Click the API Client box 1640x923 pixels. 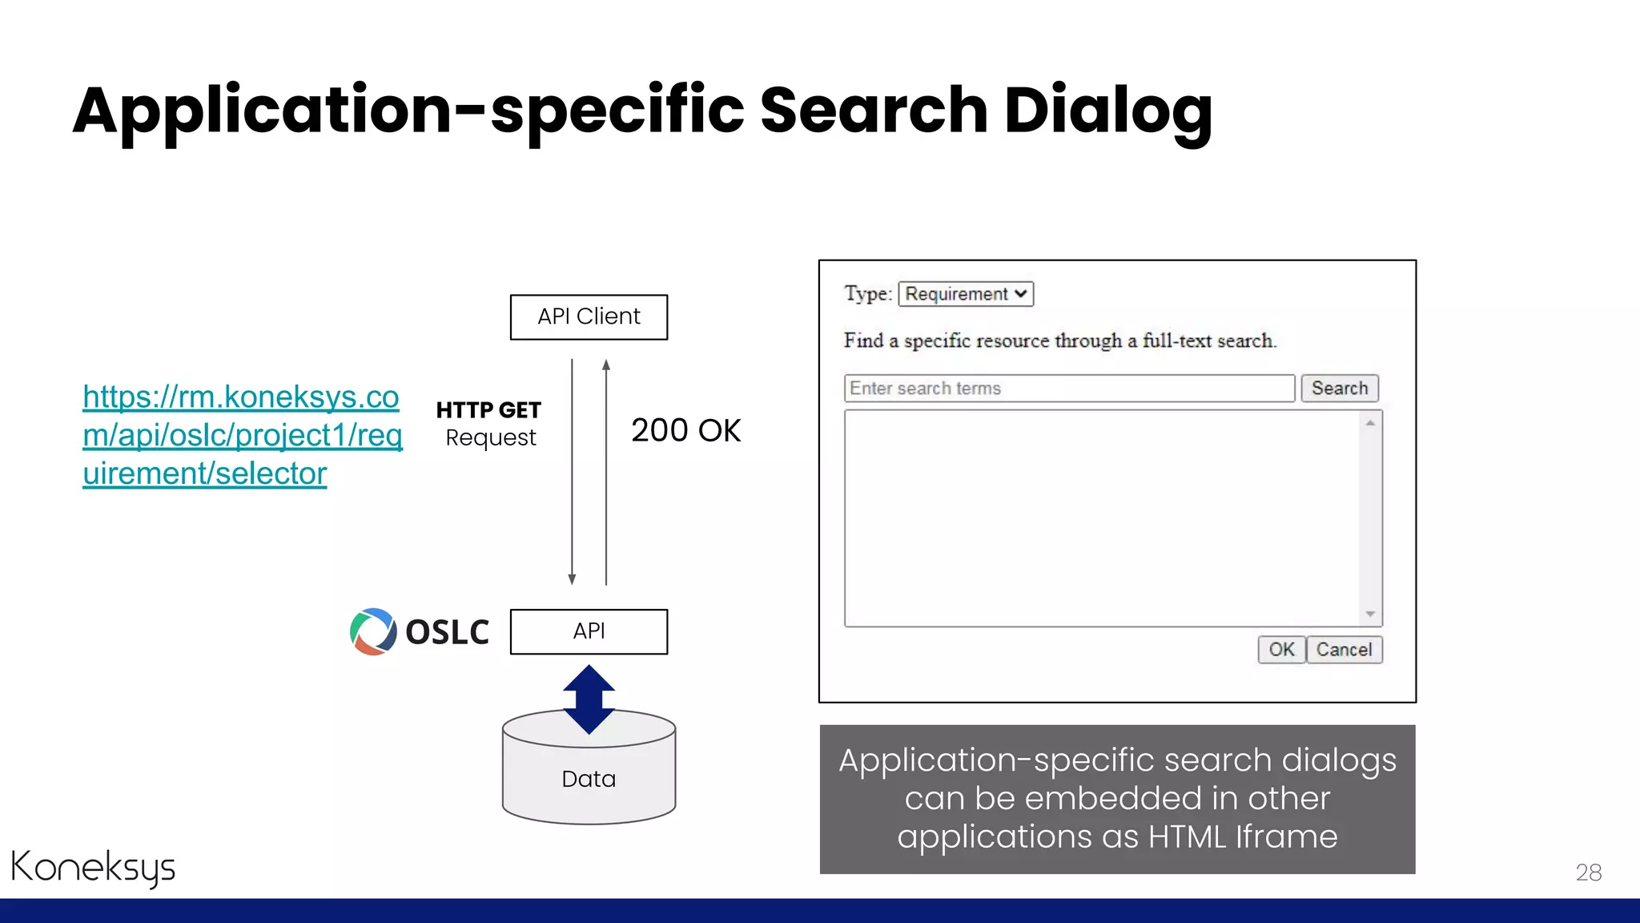pyautogui.click(x=589, y=317)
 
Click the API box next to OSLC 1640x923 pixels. pyautogui.click(x=589, y=631)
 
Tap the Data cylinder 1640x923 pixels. pyautogui.click(x=589, y=779)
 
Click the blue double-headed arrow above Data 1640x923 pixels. pyautogui.click(x=589, y=699)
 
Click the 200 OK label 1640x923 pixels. pyautogui.click(x=685, y=430)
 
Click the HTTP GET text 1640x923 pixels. pyautogui.click(x=488, y=410)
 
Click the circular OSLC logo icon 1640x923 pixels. pyautogui.click(x=373, y=631)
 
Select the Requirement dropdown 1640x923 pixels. pyautogui.click(x=966, y=294)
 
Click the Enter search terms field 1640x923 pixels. pyautogui.click(x=1069, y=389)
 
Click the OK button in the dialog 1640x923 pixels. pyautogui.click(x=1281, y=650)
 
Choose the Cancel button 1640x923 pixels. pyautogui.click(x=1344, y=650)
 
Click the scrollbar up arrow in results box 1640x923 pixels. pyautogui.click(x=1370, y=423)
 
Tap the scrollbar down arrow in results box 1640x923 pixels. pyautogui.click(x=1370, y=614)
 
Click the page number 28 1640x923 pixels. pyautogui.click(x=1588, y=873)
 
